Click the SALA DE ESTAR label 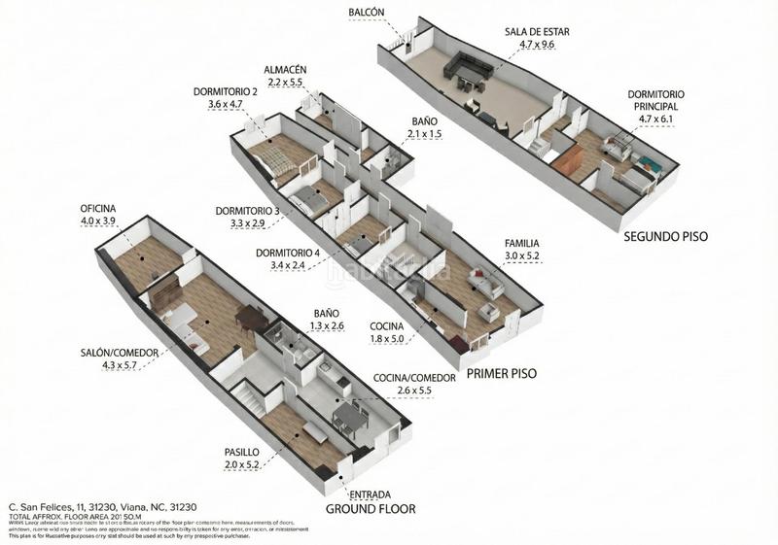[537, 31]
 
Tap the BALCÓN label [367, 13]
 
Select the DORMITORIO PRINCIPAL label [655, 100]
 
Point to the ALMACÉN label [285, 71]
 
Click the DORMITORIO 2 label [225, 92]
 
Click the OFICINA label [98, 209]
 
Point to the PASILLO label [242, 453]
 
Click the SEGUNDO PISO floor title [665, 235]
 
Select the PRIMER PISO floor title [501, 373]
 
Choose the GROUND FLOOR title [370, 509]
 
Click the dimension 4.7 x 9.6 [537, 45]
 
